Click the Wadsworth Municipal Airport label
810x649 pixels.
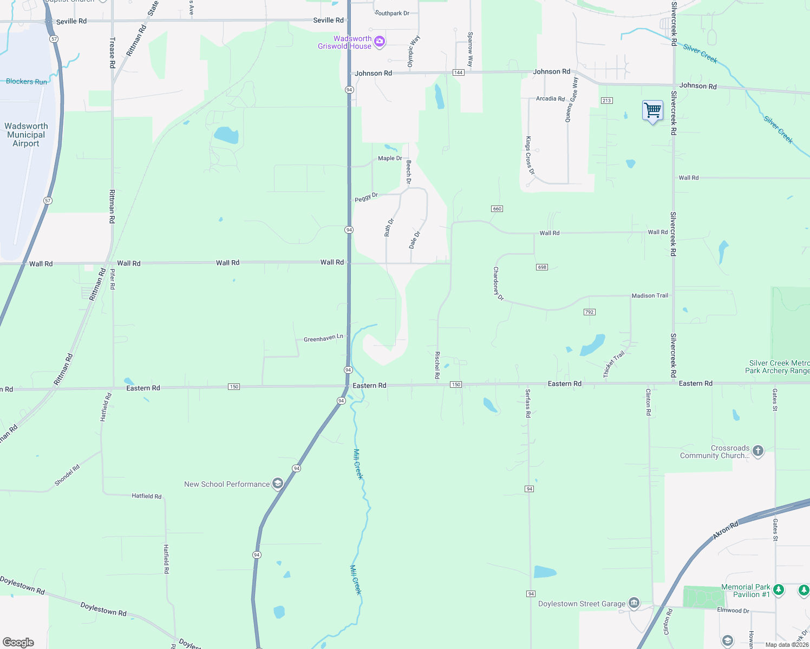click(x=26, y=135)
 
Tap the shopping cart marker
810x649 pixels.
click(x=652, y=110)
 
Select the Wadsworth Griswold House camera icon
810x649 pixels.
click(x=380, y=42)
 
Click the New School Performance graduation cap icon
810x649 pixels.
click(x=278, y=484)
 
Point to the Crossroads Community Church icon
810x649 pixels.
click(x=758, y=451)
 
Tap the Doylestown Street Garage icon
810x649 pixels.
click(x=634, y=603)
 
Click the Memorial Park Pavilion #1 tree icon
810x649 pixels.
click(x=779, y=590)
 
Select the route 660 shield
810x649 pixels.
click(x=497, y=209)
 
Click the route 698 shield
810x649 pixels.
click(x=542, y=267)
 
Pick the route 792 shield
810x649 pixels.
click(x=590, y=312)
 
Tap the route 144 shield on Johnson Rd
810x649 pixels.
click(x=459, y=72)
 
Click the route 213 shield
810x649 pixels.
click(x=606, y=101)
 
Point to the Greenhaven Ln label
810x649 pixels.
click(x=323, y=338)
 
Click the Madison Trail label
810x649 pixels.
click(x=650, y=296)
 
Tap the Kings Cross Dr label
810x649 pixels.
click(x=530, y=155)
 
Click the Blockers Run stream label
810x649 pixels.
click(x=27, y=82)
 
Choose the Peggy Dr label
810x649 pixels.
click(x=366, y=197)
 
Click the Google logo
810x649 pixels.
click(x=18, y=643)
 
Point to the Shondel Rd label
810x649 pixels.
click(x=67, y=475)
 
